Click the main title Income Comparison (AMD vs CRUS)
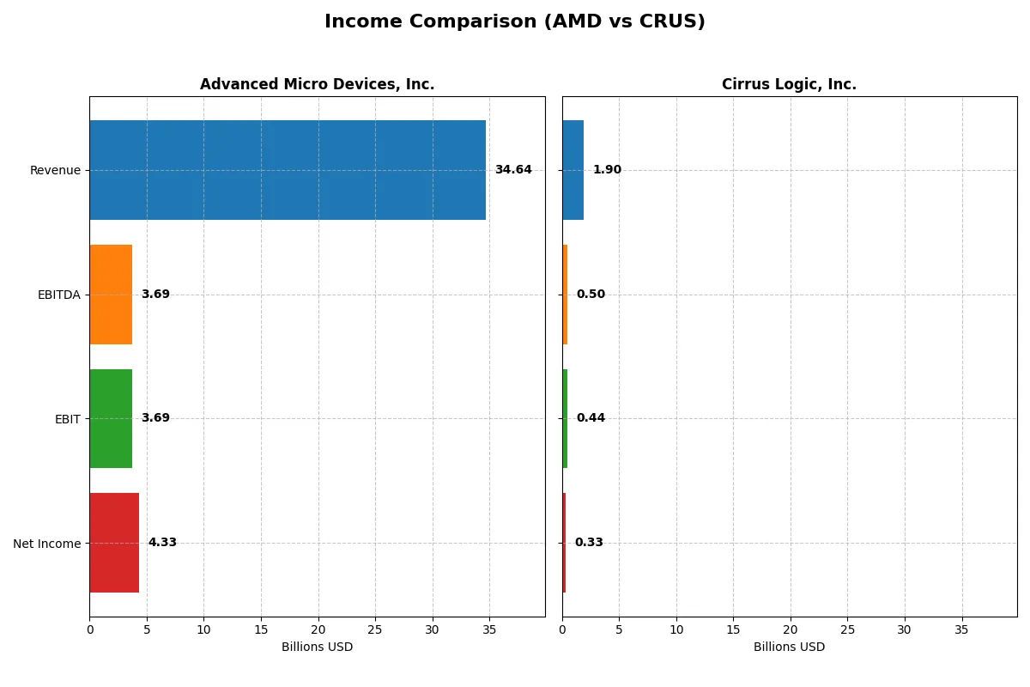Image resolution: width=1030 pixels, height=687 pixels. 514,22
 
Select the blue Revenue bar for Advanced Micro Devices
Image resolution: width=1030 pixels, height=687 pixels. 288,170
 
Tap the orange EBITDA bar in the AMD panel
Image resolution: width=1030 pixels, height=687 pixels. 111,295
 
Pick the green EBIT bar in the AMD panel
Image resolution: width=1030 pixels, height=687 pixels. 111,418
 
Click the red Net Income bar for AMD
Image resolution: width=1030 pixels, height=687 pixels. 114,543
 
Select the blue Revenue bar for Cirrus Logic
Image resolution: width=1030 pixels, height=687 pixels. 573,170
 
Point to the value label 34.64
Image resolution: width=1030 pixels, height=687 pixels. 513,170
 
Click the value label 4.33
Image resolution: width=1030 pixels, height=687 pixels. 162,543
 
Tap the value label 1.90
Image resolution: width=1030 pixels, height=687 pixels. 607,170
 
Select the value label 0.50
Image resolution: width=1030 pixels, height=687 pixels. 591,295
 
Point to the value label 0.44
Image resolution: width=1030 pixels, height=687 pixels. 591,418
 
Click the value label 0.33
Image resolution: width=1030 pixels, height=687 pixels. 589,543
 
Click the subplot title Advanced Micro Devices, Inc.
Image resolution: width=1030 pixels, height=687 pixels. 317,84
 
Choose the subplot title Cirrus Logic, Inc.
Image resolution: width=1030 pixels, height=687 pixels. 789,84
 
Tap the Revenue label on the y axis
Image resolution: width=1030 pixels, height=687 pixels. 55,170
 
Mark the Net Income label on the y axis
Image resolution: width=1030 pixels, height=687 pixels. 46,544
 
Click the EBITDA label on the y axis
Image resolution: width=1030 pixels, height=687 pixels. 58,295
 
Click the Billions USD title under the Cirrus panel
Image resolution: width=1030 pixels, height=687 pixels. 789,647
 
